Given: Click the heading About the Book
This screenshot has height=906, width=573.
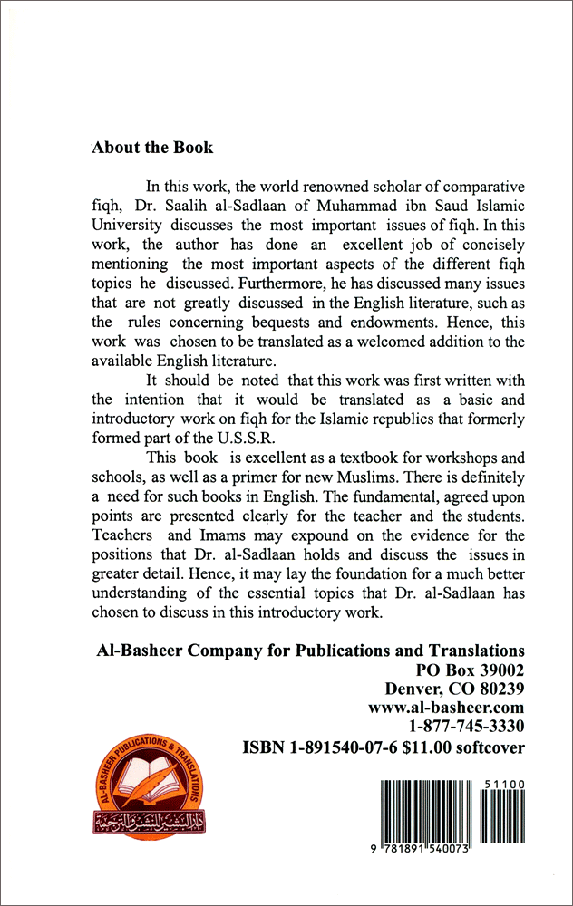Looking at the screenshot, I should (x=152, y=148).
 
